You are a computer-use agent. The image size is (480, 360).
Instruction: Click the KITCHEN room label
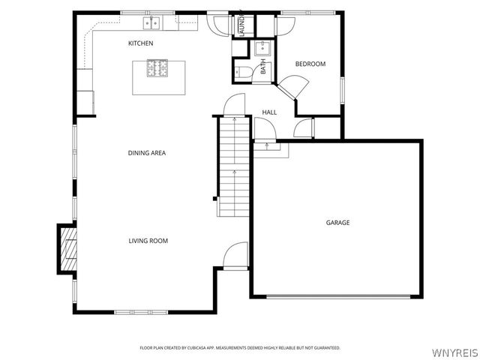click(140, 43)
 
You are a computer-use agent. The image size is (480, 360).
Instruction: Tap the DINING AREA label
click(146, 153)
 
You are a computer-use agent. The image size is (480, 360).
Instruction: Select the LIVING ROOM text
click(148, 241)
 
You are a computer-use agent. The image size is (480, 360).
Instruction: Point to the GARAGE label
click(337, 222)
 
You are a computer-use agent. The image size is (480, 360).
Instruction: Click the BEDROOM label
click(310, 64)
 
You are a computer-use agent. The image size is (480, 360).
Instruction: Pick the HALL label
click(269, 112)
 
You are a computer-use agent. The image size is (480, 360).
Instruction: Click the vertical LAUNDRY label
click(241, 25)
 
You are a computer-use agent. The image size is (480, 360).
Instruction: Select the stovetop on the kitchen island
click(158, 70)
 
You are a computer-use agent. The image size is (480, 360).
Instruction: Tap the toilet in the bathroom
click(242, 72)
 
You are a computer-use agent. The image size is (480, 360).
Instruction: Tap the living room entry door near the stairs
click(236, 255)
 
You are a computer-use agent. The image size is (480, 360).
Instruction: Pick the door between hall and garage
click(265, 131)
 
